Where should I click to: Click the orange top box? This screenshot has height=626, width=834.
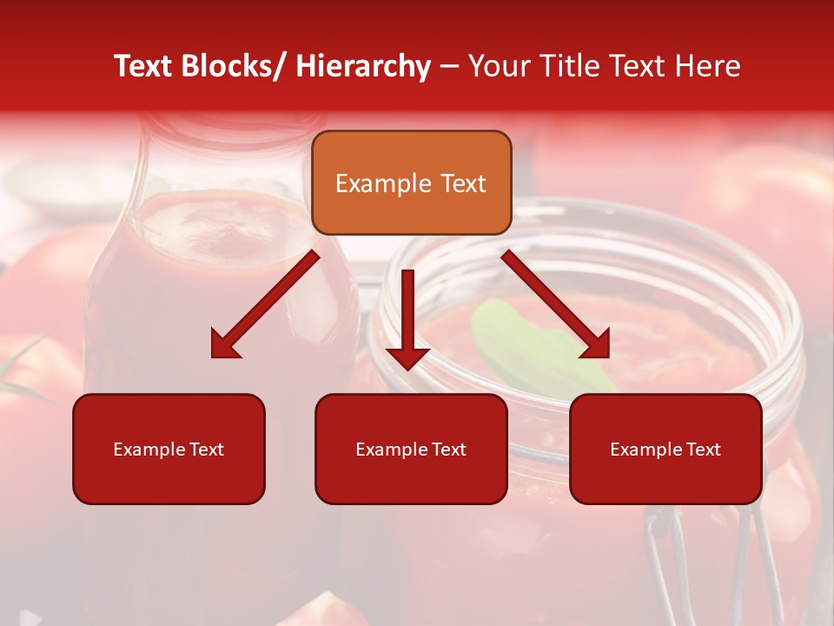tap(411, 183)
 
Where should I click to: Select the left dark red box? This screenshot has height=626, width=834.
tap(169, 449)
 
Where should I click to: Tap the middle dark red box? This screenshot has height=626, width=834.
tap(411, 449)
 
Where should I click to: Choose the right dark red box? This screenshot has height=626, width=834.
tap(665, 449)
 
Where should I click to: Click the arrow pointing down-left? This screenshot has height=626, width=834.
tap(265, 304)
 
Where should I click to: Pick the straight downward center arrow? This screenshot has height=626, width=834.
tap(407, 317)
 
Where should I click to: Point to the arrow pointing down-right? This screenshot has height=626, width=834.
tap(556, 304)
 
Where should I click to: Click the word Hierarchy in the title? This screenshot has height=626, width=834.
tap(362, 66)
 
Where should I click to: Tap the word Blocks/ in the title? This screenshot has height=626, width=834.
tap(233, 66)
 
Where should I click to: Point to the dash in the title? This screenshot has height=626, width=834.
tap(449, 67)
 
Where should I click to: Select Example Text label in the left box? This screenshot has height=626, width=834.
tap(169, 450)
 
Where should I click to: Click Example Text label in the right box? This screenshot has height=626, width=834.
tap(665, 450)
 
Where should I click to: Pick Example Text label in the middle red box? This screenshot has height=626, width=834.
tap(411, 450)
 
